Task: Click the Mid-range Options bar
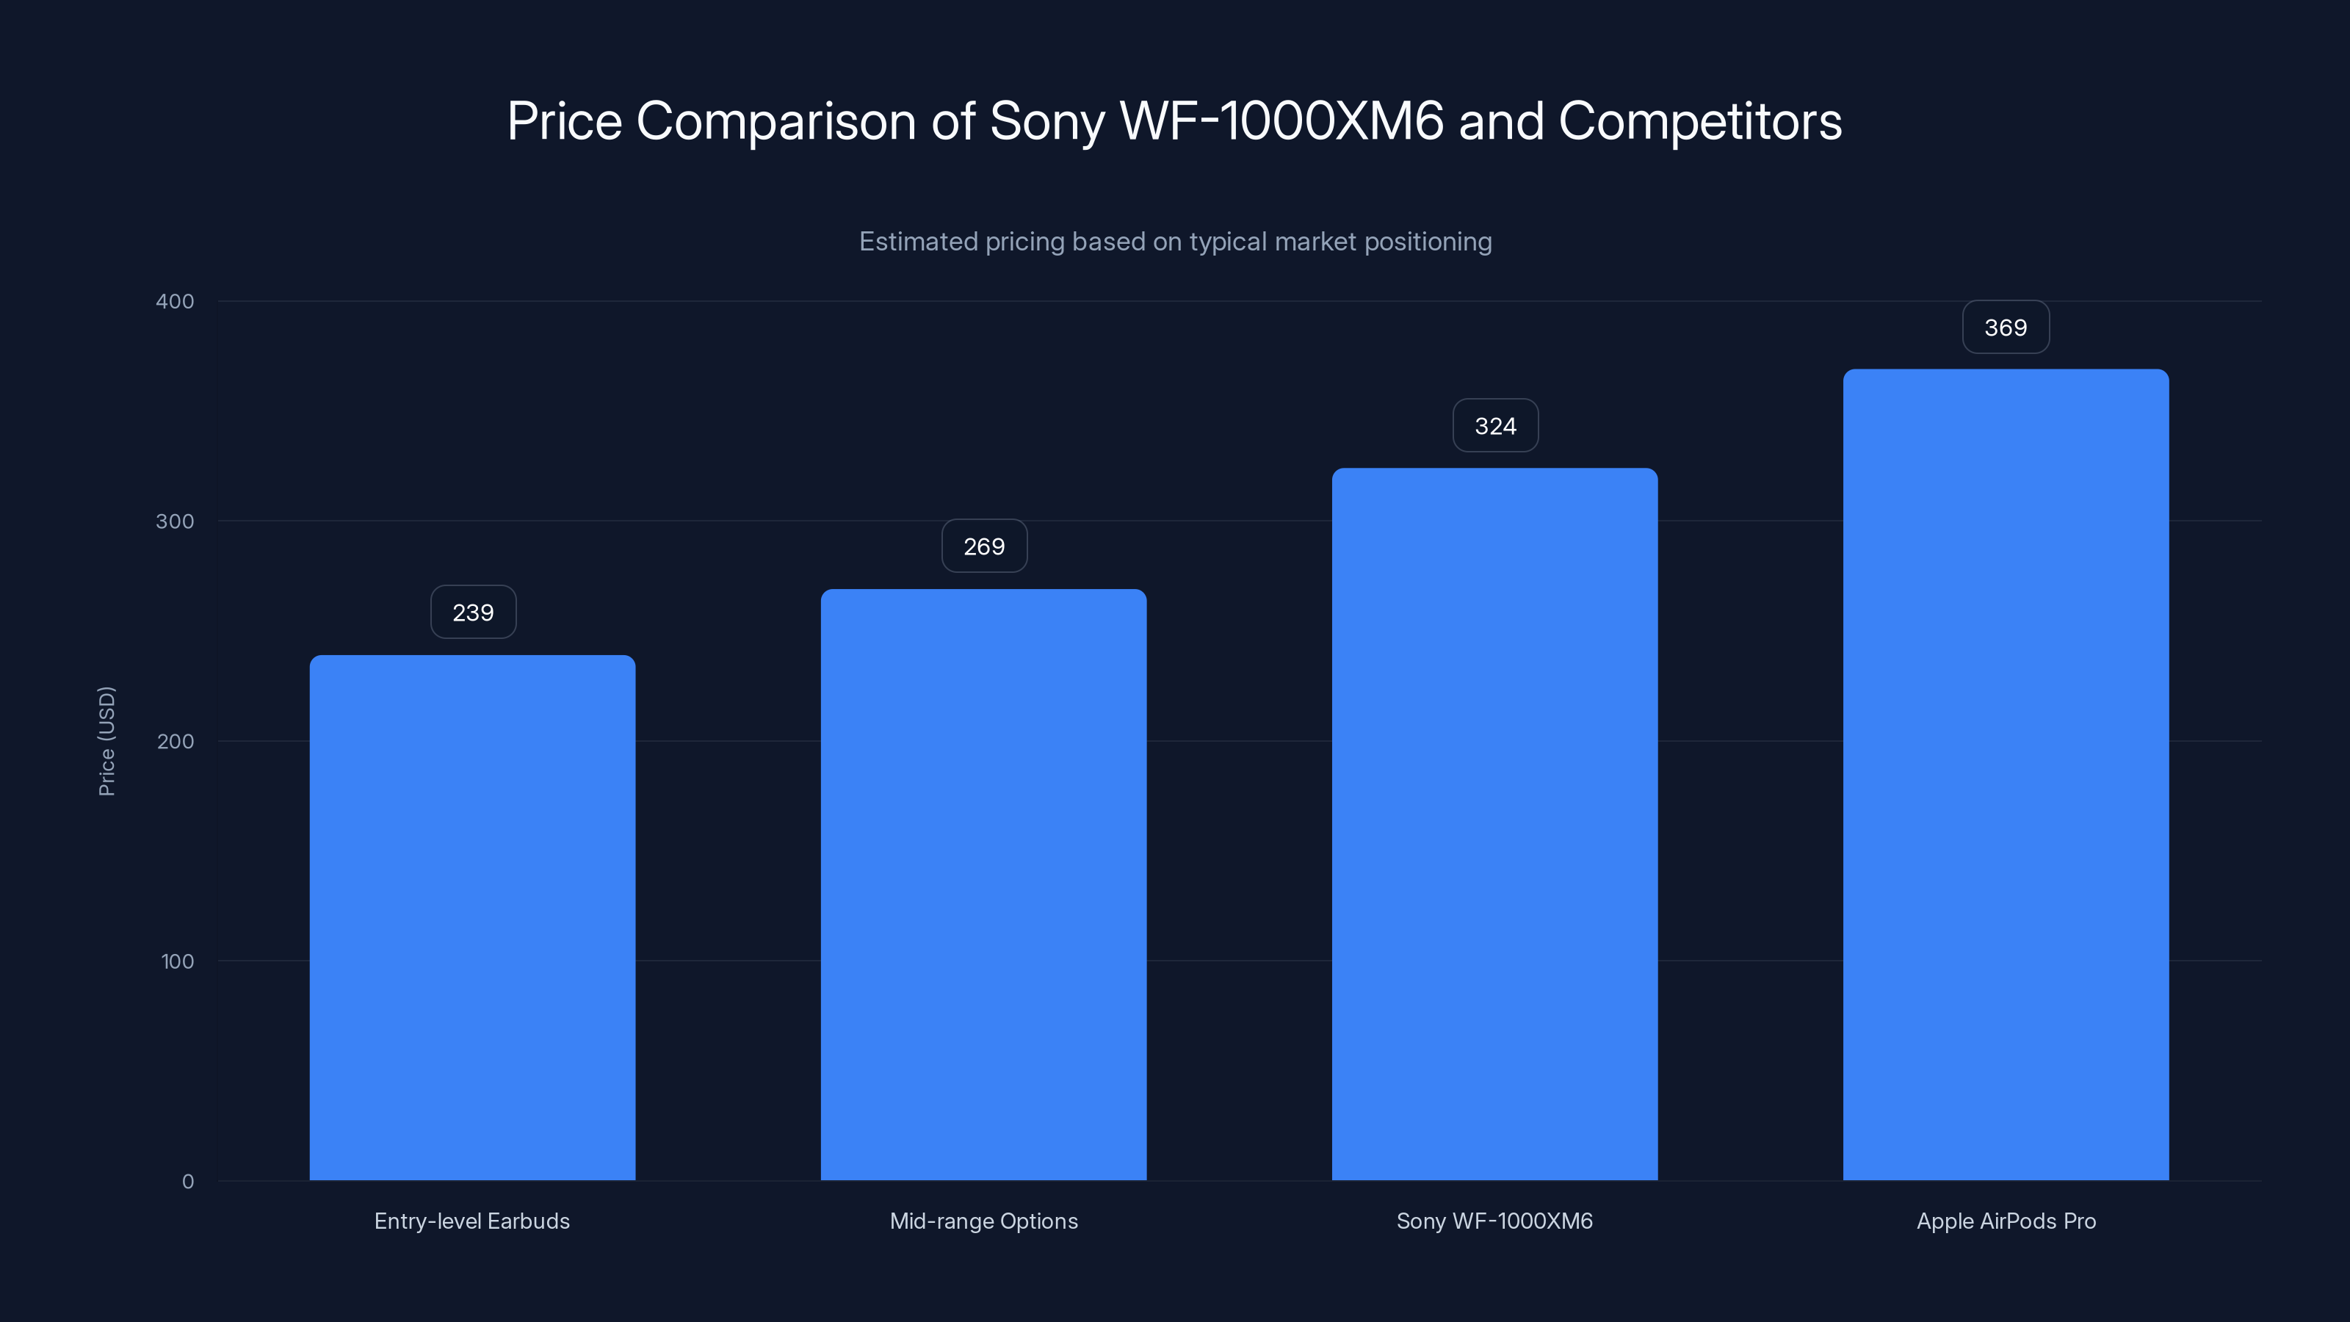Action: pyautogui.click(x=983, y=884)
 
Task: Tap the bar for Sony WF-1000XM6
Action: pyautogui.click(x=1494, y=824)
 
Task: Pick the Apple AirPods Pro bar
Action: pyautogui.click(x=2005, y=775)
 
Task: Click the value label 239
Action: pyautogui.click(x=472, y=613)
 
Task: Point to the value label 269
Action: pyautogui.click(x=983, y=546)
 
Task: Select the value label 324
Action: pyautogui.click(x=1495, y=426)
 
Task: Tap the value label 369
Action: pyautogui.click(x=2005, y=328)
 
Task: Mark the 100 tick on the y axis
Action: pyautogui.click(x=177, y=961)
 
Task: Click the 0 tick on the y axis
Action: pyautogui.click(x=188, y=1182)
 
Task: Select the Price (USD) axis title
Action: pyautogui.click(x=106, y=741)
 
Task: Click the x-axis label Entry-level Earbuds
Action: pyautogui.click(x=471, y=1221)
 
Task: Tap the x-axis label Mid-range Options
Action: pyautogui.click(x=983, y=1221)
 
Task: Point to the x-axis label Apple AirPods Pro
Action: pyautogui.click(x=2005, y=1221)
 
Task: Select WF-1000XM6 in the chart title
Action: pyautogui.click(x=1281, y=120)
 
